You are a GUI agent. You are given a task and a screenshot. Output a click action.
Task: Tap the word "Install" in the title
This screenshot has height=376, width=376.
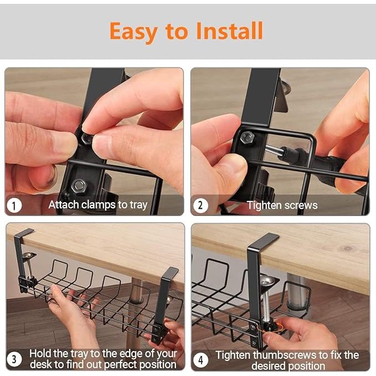click(x=230, y=30)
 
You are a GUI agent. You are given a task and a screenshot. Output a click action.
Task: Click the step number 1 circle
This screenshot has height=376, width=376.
click(x=14, y=205)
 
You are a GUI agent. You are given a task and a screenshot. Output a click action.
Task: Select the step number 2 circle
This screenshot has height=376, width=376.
click(x=200, y=205)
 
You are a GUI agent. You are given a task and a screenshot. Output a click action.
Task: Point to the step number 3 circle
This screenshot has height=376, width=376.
click(x=14, y=359)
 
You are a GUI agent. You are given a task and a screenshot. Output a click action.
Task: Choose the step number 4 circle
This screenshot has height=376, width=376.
click(x=200, y=360)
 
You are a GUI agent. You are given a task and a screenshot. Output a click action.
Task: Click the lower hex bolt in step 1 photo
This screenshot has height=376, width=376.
click(x=79, y=186)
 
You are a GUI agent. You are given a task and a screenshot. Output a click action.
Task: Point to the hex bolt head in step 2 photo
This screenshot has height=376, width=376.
click(x=247, y=138)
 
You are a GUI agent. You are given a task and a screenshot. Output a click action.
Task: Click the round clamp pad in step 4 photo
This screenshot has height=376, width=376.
click(x=266, y=280)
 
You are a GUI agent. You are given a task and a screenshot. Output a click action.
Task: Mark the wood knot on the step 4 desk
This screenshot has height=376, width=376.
click(x=347, y=249)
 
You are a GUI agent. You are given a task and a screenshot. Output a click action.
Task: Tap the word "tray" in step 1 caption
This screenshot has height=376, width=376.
click(x=138, y=205)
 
